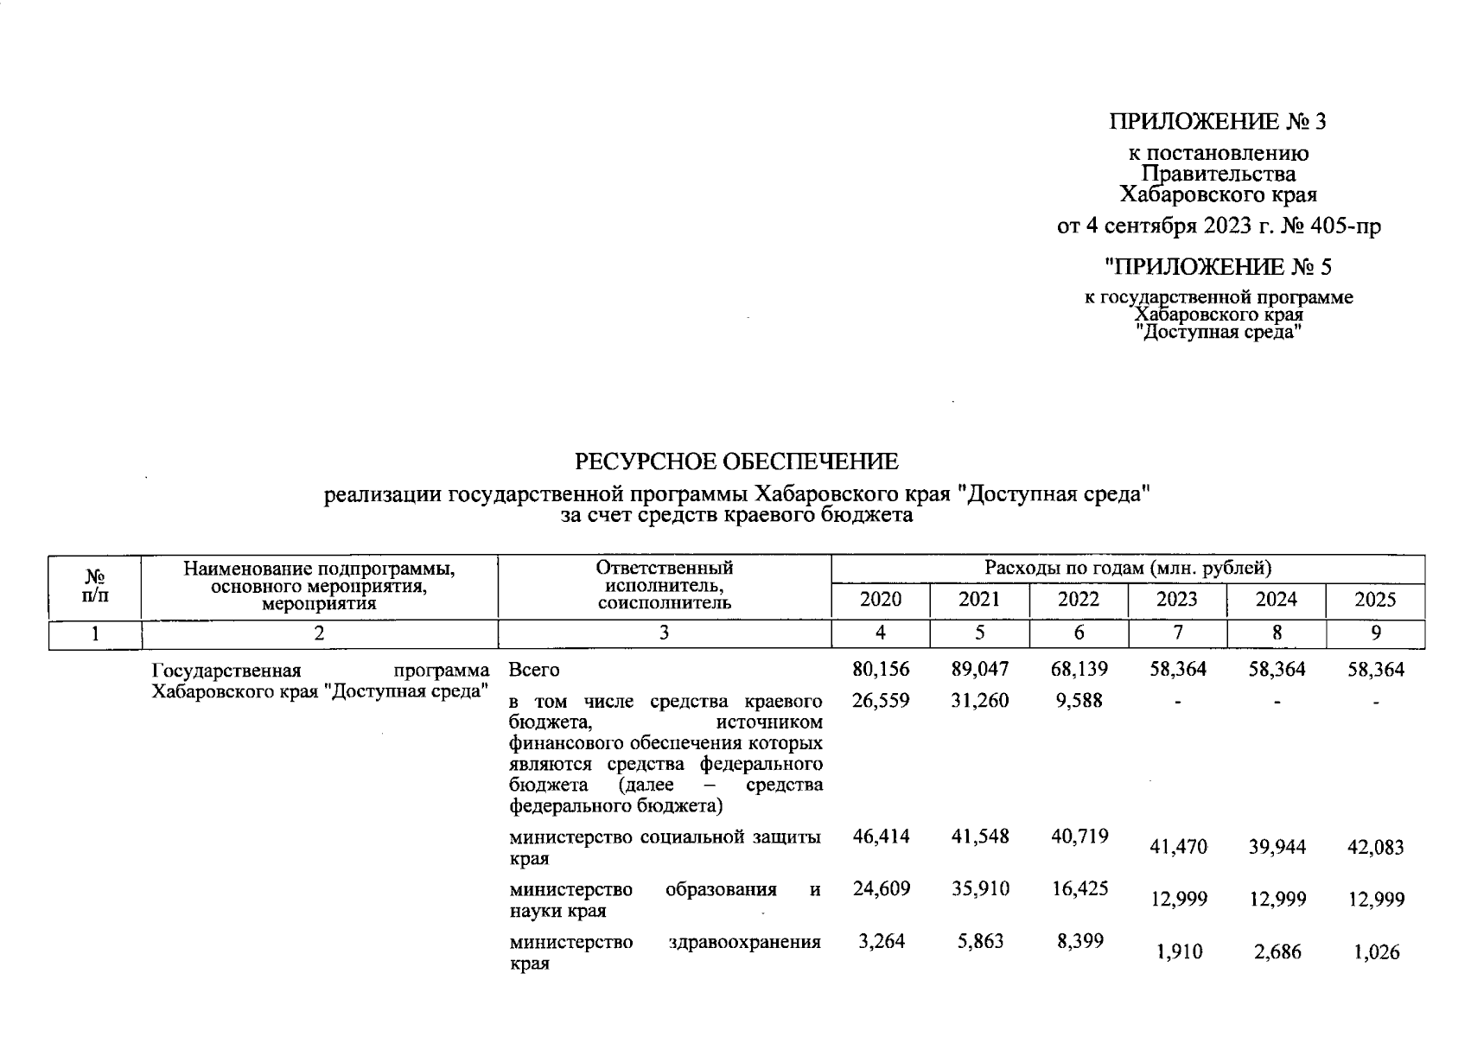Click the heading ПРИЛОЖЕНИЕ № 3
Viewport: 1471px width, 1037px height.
tap(1218, 122)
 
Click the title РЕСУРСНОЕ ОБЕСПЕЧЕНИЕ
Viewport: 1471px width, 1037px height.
tap(736, 462)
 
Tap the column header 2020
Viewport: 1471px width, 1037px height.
tap(880, 600)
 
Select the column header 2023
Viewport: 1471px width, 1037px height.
tap(1177, 600)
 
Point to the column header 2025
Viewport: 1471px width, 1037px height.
tap(1375, 600)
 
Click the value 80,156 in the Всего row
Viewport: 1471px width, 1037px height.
tap(880, 670)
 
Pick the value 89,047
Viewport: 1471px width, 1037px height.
tap(979, 670)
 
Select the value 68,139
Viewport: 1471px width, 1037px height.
tap(1079, 670)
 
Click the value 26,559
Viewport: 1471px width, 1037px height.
tap(880, 701)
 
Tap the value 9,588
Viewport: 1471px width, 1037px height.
tap(1079, 701)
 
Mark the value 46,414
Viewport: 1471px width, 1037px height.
tap(880, 837)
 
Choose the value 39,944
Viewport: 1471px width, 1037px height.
tap(1277, 848)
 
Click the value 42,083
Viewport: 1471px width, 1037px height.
tap(1375, 848)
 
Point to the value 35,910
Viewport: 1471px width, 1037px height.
tap(979, 889)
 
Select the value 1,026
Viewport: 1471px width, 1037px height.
tap(1375, 952)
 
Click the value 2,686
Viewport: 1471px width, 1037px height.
tap(1277, 952)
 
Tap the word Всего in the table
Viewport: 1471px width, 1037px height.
tap(534, 671)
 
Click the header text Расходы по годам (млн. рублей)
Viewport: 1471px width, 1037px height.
tap(1127, 569)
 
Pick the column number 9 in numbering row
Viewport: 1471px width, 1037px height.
tap(1375, 633)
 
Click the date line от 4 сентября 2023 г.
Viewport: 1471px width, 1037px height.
tap(1219, 226)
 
